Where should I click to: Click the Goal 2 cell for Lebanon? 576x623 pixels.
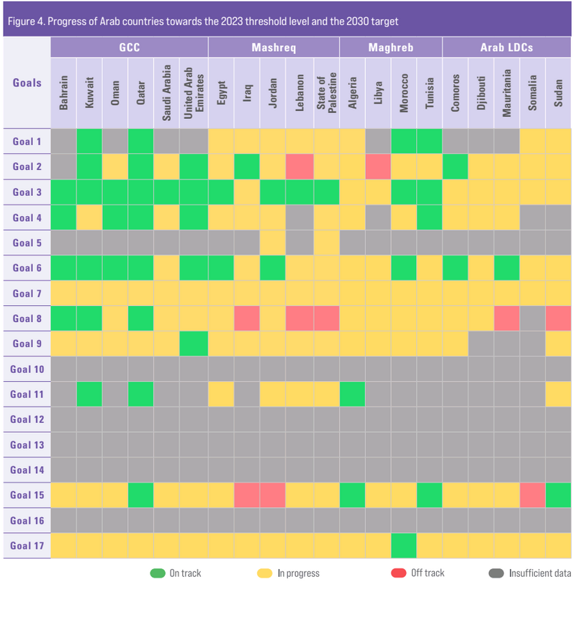(x=300, y=166)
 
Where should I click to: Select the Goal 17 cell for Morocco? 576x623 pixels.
(x=404, y=546)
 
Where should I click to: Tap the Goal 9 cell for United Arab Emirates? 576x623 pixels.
(x=194, y=344)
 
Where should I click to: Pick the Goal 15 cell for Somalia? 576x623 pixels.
(x=532, y=495)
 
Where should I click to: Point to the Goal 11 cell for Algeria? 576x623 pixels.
(x=352, y=394)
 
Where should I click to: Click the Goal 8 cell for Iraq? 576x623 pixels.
(x=247, y=318)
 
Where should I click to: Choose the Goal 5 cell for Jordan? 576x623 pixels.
(x=272, y=243)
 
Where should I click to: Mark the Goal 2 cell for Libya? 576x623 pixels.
(x=378, y=166)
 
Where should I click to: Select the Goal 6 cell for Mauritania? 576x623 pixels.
(x=506, y=268)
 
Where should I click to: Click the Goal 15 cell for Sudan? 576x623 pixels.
(x=559, y=495)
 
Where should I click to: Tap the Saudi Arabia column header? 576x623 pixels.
(x=166, y=93)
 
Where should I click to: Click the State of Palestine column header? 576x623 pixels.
(x=327, y=93)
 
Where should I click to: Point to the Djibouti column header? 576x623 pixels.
(x=481, y=93)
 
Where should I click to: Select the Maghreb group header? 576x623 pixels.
(x=391, y=48)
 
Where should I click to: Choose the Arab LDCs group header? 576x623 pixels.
(x=507, y=48)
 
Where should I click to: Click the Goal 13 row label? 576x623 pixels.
(x=27, y=445)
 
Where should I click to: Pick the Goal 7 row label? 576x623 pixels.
(x=27, y=294)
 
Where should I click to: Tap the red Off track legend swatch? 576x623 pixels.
(x=398, y=573)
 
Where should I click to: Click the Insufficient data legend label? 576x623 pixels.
(x=540, y=573)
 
